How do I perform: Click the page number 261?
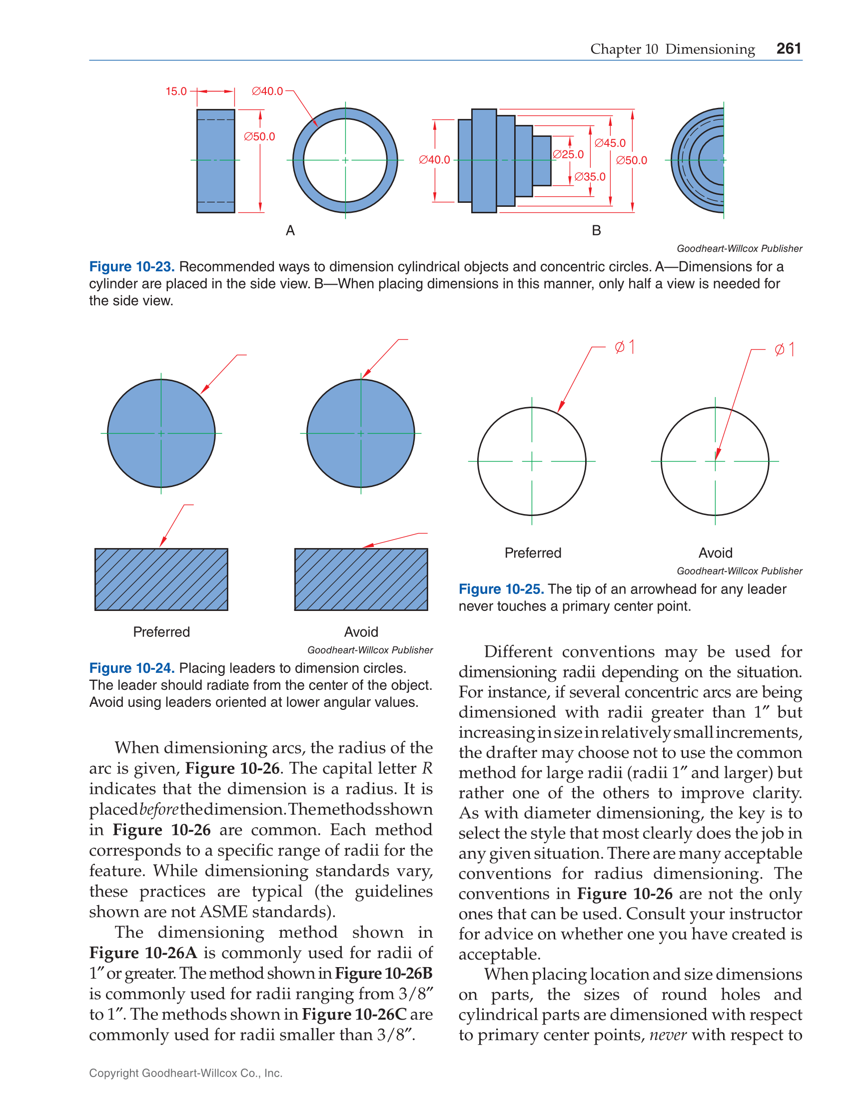[789, 48]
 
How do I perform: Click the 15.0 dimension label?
[176, 91]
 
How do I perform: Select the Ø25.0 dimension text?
[568, 154]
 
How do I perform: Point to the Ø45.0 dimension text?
[610, 143]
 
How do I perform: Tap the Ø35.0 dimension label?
[590, 176]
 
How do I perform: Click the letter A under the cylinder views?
[290, 231]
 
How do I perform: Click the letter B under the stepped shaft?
[597, 231]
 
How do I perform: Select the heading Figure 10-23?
[132, 267]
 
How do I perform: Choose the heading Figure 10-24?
[132, 668]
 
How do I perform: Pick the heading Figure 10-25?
[501, 589]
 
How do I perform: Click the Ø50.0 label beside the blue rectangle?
[259, 136]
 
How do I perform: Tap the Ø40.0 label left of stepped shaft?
[435, 160]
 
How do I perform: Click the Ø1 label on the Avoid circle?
[784, 350]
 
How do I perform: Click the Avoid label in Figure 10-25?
[715, 553]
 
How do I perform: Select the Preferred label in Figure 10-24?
[161, 632]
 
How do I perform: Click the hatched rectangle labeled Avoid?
[361, 579]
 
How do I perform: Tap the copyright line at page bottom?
[186, 1073]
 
